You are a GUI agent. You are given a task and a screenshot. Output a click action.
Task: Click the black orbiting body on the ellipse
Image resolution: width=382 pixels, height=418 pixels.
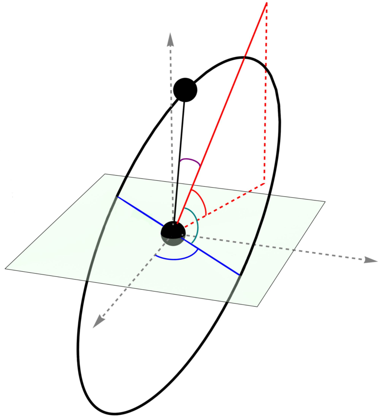click(x=185, y=90)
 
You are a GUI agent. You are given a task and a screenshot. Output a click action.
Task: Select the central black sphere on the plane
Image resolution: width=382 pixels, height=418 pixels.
click(x=173, y=233)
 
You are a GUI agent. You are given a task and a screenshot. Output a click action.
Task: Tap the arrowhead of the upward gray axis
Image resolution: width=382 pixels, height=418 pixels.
click(x=171, y=39)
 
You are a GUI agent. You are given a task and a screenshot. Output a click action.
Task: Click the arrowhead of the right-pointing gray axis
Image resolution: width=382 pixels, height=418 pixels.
click(x=371, y=260)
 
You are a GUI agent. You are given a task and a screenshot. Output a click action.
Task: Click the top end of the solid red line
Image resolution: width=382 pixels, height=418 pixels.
click(x=267, y=3)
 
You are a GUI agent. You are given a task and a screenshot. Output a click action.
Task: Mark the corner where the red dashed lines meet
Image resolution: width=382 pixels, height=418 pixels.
click(x=264, y=183)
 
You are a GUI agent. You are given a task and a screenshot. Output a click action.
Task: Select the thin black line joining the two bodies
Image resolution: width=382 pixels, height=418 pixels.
click(x=180, y=161)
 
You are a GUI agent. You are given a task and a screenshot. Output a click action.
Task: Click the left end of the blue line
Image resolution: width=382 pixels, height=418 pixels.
click(x=117, y=197)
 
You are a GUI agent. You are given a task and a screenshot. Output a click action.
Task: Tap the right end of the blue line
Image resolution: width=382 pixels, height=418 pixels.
click(x=239, y=275)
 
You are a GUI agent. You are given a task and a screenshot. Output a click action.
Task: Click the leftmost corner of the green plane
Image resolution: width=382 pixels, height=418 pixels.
click(x=5, y=268)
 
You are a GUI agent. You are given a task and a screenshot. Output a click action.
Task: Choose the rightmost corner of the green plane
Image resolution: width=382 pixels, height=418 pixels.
click(x=325, y=202)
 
